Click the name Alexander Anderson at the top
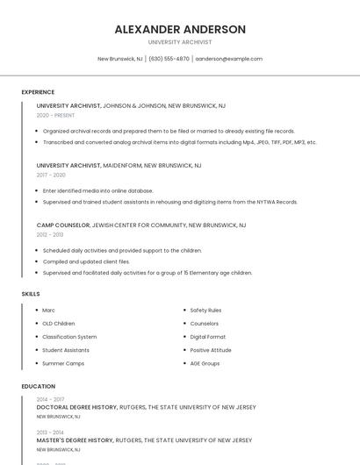click(180, 29)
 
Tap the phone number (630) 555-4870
click(169, 59)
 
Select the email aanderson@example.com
click(228, 59)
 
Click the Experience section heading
click(38, 92)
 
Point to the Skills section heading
click(31, 294)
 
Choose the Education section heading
click(39, 386)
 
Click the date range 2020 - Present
click(55, 115)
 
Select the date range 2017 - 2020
click(51, 175)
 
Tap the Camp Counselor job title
click(62, 225)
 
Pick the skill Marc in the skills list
click(48, 310)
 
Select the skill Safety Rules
click(205, 310)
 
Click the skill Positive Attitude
click(211, 349)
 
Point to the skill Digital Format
click(208, 336)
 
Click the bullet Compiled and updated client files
click(86, 261)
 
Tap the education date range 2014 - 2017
click(50, 399)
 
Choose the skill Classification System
click(69, 336)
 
